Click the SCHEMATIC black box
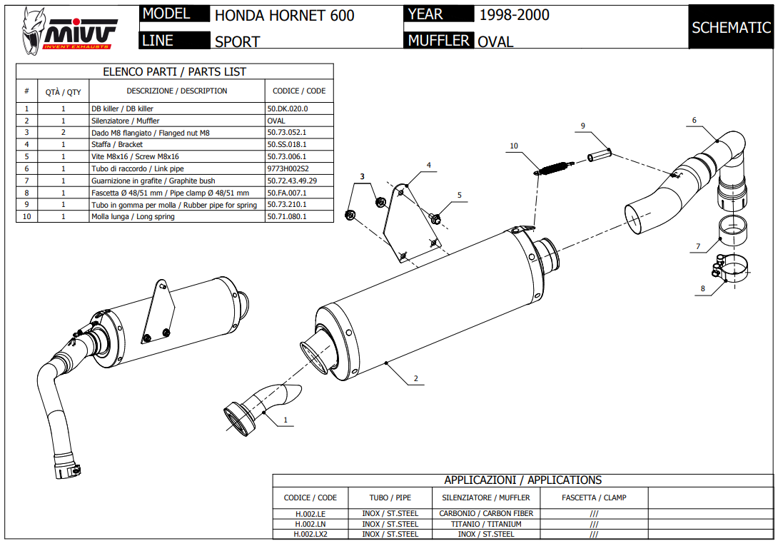point(731,27)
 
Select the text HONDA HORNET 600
point(284,16)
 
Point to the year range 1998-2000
point(514,14)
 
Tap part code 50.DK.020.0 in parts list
point(287,108)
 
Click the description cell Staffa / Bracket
point(117,145)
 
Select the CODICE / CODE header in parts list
point(299,91)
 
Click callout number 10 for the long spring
point(514,146)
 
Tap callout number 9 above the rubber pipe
point(582,126)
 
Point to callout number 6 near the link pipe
point(694,121)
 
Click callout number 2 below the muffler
point(415,378)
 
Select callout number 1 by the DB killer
point(286,420)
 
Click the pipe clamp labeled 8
point(729,271)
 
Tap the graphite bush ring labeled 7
point(732,233)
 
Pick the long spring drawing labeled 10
point(552,168)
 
